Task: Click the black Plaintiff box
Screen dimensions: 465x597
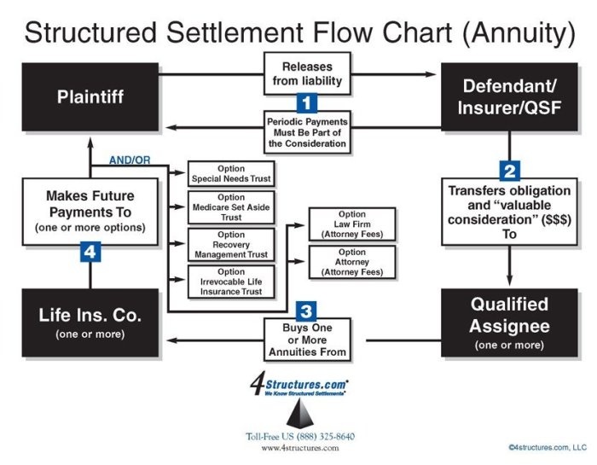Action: (90, 96)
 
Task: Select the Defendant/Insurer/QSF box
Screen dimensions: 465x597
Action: (509, 96)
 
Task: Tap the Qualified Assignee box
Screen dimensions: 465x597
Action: (509, 323)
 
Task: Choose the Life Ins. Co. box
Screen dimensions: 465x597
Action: (90, 323)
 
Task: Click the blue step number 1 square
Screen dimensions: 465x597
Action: (307, 104)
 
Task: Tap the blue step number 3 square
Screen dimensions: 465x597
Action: (307, 311)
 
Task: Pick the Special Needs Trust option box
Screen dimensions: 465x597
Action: (231, 172)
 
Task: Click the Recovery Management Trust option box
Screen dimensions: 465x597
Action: (231, 244)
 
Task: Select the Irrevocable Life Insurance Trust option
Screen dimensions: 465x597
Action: (231, 282)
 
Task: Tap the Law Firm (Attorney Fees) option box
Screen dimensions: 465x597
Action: (351, 224)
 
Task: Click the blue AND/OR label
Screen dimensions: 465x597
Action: (130, 160)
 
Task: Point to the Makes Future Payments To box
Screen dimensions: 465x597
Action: (90, 211)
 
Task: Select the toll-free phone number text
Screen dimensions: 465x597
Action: (300, 437)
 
